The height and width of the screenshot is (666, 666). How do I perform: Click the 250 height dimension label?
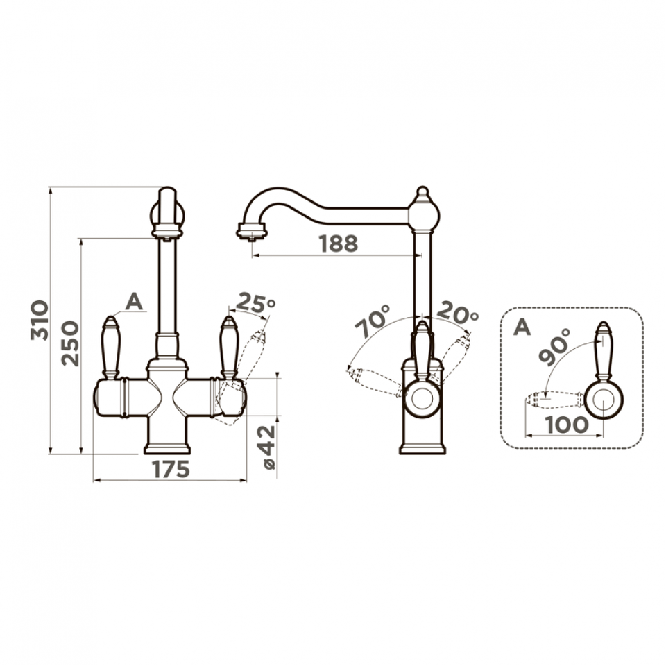point(70,343)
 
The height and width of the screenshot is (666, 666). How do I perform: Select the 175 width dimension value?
point(170,469)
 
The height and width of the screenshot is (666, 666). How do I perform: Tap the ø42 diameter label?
point(268,447)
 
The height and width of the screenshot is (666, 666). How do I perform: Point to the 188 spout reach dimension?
point(339,244)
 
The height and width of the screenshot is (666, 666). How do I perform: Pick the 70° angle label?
point(373,321)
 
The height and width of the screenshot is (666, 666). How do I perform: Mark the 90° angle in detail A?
point(554,347)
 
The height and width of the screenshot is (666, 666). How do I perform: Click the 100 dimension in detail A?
point(567,425)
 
